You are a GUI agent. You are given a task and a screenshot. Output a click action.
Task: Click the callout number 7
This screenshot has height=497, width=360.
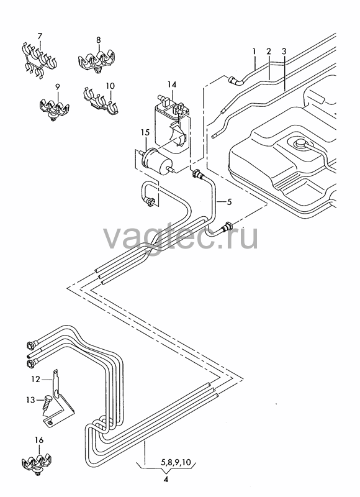point(40,36)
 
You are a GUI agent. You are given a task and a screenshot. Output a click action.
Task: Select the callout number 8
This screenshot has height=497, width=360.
point(99,40)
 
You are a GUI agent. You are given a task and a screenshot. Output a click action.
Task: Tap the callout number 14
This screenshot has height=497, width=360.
point(172,84)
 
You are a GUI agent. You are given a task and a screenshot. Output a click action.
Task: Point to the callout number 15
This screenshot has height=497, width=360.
point(145,132)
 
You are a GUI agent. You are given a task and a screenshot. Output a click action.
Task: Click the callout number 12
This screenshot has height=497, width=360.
point(36,379)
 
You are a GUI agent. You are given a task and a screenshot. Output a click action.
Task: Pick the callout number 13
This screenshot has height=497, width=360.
point(30,400)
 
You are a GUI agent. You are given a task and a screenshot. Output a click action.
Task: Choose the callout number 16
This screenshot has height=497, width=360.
point(39,440)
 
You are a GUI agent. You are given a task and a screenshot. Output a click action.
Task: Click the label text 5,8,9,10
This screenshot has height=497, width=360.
point(176,462)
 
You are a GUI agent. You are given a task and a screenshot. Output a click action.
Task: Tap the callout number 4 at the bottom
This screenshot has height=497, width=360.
point(166,479)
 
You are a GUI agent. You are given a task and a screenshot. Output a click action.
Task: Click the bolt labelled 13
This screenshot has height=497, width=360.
point(48,401)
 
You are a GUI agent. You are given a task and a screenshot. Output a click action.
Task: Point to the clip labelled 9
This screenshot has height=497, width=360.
point(55,109)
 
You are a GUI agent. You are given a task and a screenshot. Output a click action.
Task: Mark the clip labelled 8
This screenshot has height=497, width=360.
point(97,60)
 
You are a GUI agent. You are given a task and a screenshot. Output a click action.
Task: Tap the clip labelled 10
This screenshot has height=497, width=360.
point(101,101)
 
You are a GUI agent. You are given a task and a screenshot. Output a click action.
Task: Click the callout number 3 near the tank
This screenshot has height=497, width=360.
point(284,51)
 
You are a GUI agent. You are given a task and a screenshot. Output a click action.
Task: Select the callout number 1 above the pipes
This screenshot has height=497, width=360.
point(254,51)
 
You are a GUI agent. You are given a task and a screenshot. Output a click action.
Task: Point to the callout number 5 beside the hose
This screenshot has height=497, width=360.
point(230,201)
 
